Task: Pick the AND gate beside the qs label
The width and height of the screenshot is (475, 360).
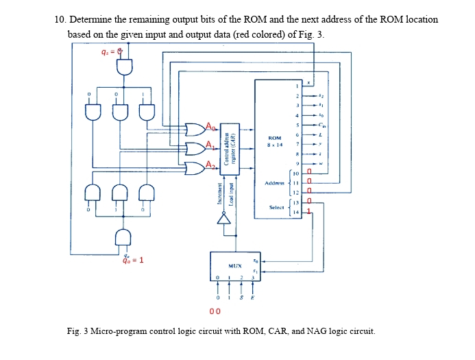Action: coord(125,67)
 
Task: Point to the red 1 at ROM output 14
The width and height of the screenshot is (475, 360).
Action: coord(309,213)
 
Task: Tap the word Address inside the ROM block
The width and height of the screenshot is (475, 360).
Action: coord(274,184)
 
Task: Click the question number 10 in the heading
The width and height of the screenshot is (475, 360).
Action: coord(59,19)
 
